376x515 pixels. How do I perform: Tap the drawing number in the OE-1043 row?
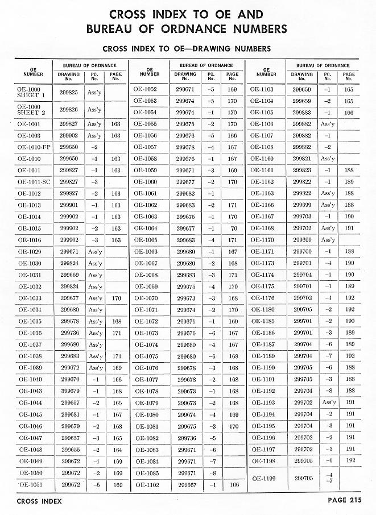pos(69,391)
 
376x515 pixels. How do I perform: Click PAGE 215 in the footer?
pos(345,501)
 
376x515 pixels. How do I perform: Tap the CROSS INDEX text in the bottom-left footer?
pos(39,501)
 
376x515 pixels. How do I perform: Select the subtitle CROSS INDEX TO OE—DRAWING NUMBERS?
pos(185,49)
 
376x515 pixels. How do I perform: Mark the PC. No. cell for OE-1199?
pos(328,478)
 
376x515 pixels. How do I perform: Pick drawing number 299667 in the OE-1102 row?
pos(186,484)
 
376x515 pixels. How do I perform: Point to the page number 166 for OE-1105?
pos(349,113)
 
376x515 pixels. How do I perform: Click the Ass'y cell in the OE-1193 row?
pos(328,402)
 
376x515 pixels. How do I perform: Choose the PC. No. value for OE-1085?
pos(211,472)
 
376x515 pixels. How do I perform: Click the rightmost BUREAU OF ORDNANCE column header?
pos(323,65)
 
